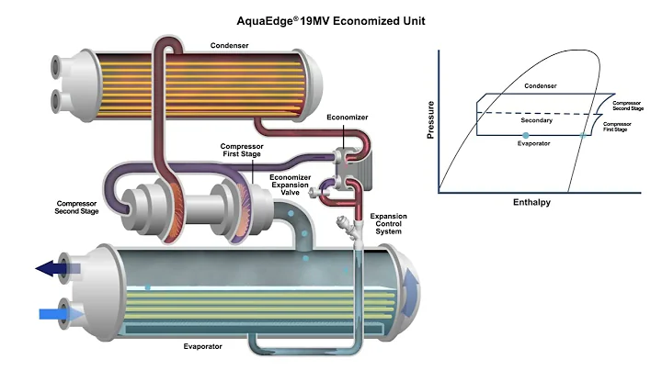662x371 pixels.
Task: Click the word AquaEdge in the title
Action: (275, 19)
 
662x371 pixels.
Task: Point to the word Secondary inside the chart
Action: (536, 120)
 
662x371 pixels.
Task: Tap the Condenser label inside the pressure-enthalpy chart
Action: (541, 86)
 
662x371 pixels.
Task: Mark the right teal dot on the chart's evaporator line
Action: (583, 135)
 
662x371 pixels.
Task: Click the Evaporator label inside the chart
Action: (534, 144)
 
